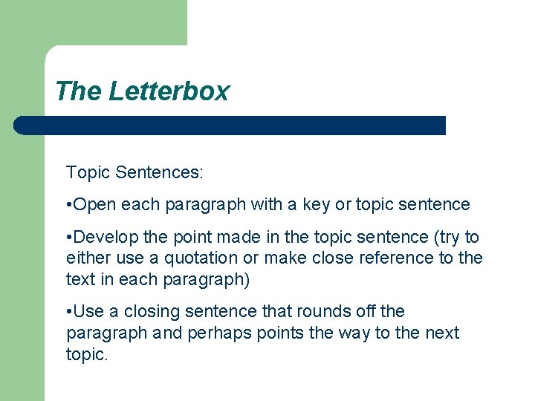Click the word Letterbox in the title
(169, 91)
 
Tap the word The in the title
(78, 91)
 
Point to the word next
(442, 333)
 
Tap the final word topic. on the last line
(87, 353)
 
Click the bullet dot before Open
(68, 204)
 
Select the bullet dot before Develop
(68, 238)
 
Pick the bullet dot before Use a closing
(68, 312)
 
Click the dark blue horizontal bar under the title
(230, 125)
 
